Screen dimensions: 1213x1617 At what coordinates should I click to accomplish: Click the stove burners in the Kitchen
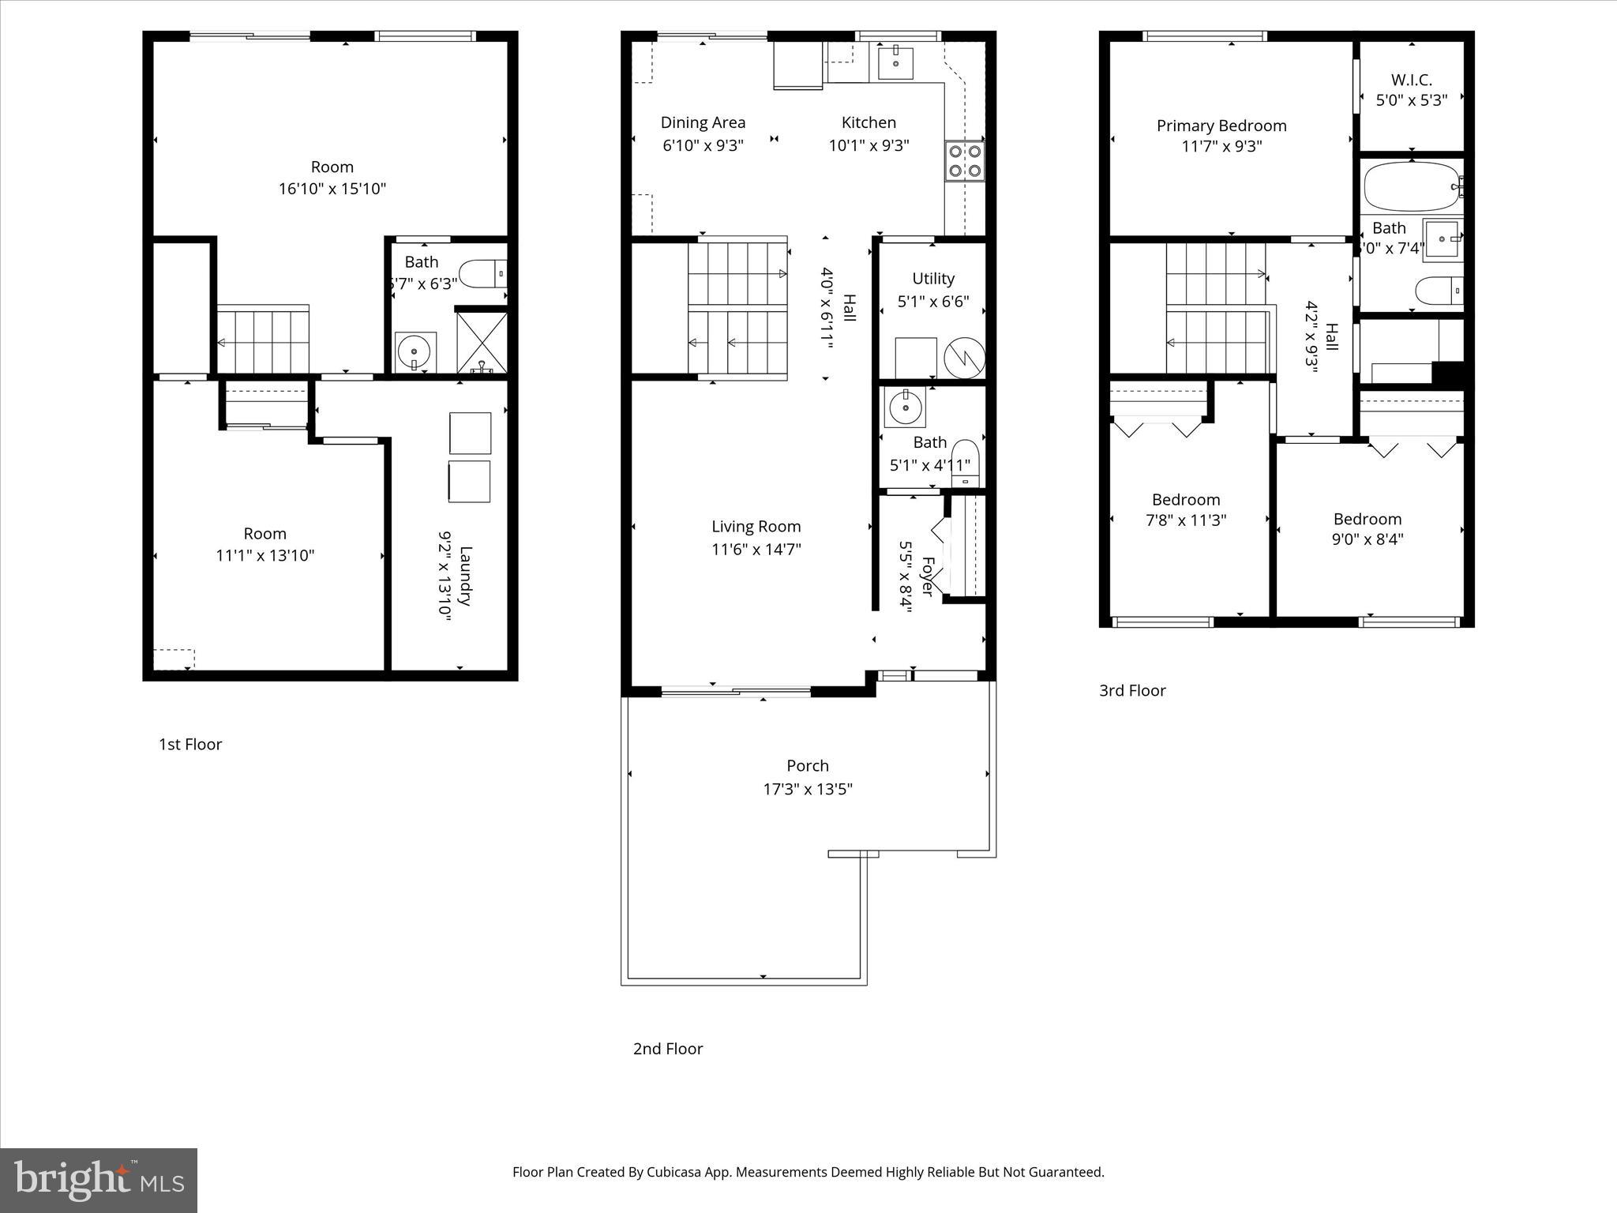(x=965, y=160)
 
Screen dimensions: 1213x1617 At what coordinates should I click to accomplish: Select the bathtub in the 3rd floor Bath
(x=1411, y=187)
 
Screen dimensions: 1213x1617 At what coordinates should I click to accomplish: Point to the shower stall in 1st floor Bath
(x=482, y=343)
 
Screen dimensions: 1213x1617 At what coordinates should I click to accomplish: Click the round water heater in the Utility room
(x=965, y=358)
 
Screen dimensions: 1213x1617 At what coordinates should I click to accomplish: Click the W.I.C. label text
(x=1411, y=80)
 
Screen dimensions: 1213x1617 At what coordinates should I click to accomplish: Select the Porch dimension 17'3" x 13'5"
(x=808, y=789)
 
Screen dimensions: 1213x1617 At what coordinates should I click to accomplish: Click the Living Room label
(x=756, y=527)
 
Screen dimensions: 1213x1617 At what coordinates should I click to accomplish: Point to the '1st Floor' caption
(x=190, y=745)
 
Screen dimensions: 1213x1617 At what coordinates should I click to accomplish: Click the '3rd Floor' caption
(x=1132, y=691)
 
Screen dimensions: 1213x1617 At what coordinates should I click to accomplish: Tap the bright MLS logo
(x=99, y=1181)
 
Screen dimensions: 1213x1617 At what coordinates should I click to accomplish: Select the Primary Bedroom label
(x=1221, y=126)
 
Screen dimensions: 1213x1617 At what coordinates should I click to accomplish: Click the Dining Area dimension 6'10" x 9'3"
(x=703, y=145)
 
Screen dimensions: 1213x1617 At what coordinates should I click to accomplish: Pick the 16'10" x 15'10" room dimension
(x=332, y=189)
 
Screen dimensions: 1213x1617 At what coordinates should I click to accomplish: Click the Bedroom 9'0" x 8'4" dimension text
(x=1368, y=539)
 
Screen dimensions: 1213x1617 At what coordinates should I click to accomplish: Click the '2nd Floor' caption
(x=667, y=1049)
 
